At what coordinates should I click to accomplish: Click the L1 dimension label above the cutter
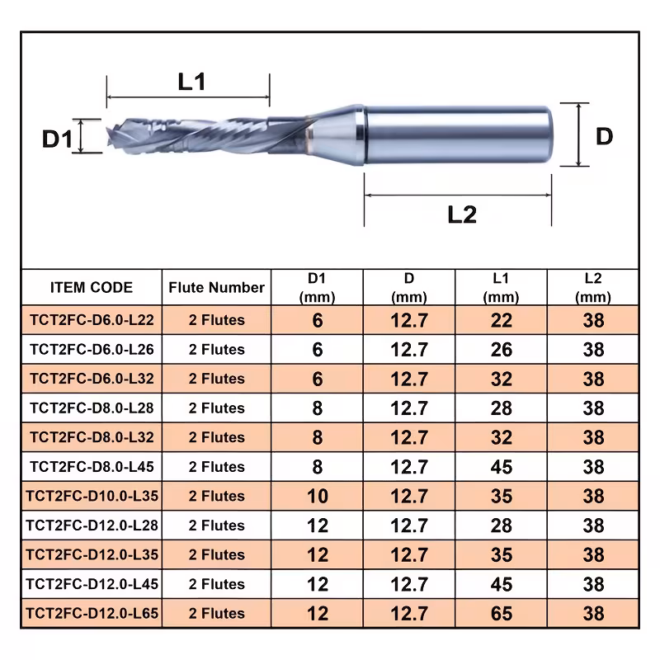click(191, 81)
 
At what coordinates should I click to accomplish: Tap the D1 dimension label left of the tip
click(57, 139)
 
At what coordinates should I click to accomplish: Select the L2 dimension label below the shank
click(462, 214)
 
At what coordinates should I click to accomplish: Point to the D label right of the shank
click(604, 136)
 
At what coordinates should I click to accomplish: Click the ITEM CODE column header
click(92, 287)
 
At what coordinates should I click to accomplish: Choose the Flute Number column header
click(216, 287)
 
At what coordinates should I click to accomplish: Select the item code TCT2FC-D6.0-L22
click(92, 320)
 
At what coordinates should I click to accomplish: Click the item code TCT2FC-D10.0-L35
click(92, 496)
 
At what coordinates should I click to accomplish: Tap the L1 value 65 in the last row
click(502, 613)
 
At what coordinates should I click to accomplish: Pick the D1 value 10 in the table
click(318, 496)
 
